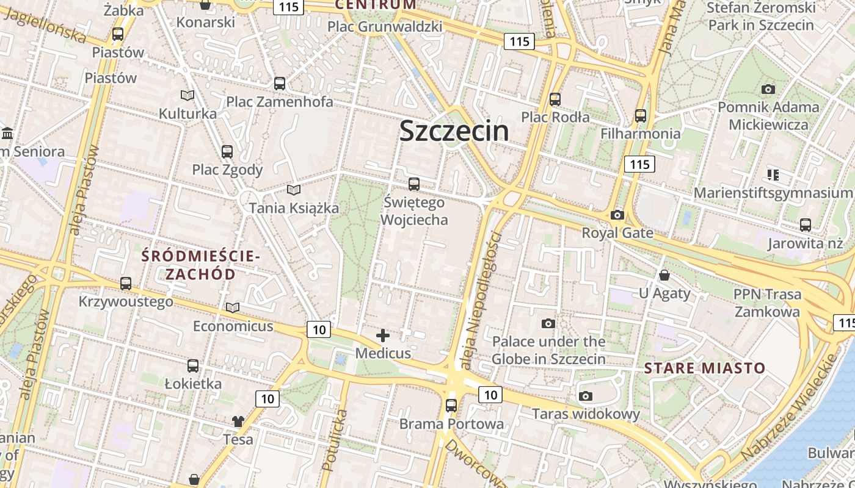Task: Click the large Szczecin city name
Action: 454,131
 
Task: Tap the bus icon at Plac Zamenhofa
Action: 280,84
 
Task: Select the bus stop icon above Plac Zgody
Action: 227,151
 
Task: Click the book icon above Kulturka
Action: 187,96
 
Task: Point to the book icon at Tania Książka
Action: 294,190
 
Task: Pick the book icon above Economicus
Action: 233,307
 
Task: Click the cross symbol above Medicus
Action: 383,335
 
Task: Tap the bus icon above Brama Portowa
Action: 451,405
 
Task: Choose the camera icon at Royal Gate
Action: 617,215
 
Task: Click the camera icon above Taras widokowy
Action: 586,396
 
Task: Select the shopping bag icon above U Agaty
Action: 664,275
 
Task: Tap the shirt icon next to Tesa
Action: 238,421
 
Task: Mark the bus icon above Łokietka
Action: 193,366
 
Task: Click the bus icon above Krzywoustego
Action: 126,284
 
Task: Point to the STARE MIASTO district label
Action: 704,368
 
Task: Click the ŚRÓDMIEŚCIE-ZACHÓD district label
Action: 201,265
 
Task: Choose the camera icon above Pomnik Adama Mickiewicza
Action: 768,90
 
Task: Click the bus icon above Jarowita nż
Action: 806,225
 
